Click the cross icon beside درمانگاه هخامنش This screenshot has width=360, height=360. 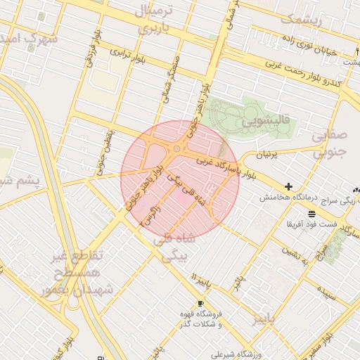point(288,186)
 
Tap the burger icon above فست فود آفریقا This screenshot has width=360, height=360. point(311,213)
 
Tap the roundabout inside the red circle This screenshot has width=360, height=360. point(176,148)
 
